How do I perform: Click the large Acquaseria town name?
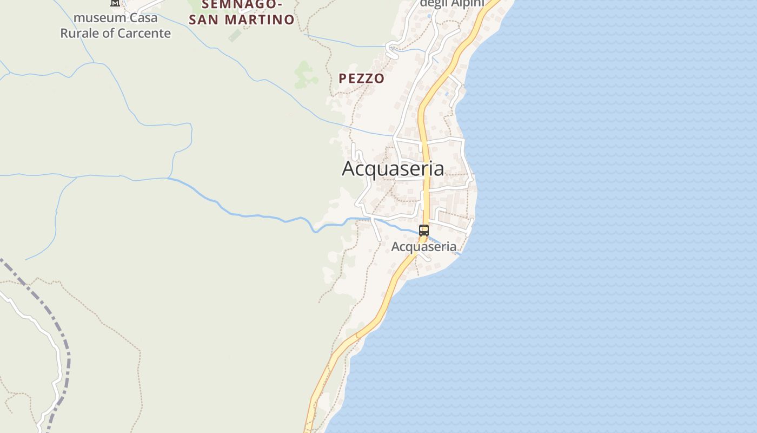pos(393,168)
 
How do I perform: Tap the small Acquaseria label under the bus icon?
pos(423,247)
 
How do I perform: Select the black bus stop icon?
pos(424,231)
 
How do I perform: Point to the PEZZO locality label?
pos(361,78)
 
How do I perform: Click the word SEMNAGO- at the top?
pos(242,5)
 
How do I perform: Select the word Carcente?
pos(144,34)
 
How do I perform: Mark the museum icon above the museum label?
pos(115,3)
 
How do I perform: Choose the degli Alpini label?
pos(452,3)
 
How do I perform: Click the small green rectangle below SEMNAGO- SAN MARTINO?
pos(235,36)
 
